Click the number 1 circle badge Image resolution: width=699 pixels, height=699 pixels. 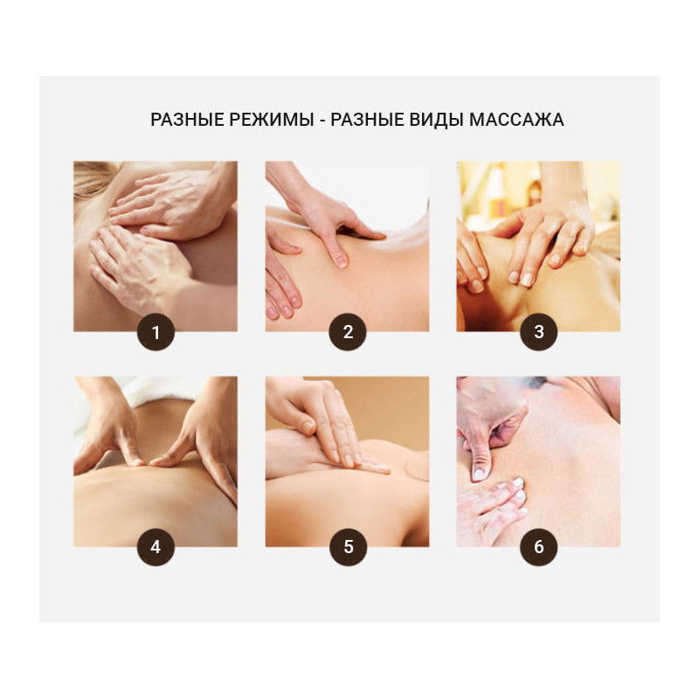[x=156, y=332]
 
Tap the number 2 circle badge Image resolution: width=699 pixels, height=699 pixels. [x=348, y=332]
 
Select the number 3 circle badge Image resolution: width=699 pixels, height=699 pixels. [x=539, y=332]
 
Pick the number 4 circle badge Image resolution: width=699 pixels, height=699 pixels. [x=156, y=547]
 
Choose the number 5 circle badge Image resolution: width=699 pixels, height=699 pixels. [x=348, y=547]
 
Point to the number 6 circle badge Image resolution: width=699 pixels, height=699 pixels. [x=539, y=547]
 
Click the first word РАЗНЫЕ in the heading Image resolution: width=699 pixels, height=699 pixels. [x=187, y=120]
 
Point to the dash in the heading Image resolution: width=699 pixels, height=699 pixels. [x=322, y=121]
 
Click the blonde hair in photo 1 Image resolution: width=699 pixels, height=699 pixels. [x=93, y=178]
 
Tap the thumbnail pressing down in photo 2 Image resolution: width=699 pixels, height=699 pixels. [x=341, y=260]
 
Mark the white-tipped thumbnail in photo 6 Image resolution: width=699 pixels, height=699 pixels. [x=478, y=474]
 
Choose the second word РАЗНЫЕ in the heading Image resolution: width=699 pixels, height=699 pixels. [x=366, y=120]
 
